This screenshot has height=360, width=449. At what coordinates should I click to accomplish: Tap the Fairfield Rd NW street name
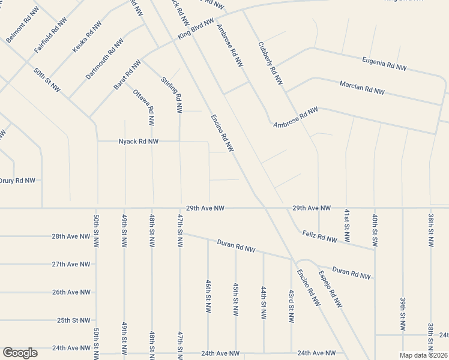tap(50, 34)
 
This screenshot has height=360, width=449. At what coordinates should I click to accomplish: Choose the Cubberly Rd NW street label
tap(270, 62)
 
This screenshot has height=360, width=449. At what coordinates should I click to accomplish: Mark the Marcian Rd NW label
tap(362, 88)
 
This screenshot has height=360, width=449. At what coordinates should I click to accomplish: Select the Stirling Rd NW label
tap(172, 94)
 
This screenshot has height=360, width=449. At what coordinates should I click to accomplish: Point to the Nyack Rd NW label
tap(139, 142)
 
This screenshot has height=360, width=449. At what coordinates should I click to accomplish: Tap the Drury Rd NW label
tap(17, 180)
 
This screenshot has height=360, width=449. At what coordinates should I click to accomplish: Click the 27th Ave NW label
tap(71, 264)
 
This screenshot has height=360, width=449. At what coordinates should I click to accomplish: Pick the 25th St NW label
tap(74, 320)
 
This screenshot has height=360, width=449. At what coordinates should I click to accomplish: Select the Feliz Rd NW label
tap(320, 237)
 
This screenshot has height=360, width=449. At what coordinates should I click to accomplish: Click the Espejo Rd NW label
tap(331, 289)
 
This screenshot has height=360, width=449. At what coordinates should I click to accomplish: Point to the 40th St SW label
tap(375, 227)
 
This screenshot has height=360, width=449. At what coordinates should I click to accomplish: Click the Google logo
tap(20, 353)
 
